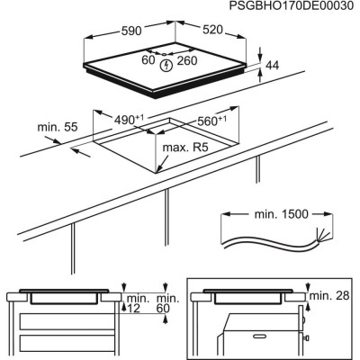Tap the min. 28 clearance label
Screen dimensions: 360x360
click(329, 295)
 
